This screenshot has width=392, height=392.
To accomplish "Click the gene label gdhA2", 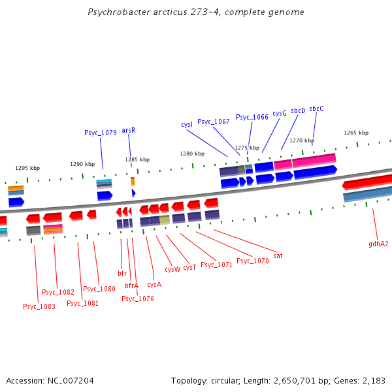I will pos(378,244).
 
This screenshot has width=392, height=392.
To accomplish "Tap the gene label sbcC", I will pos(316,108).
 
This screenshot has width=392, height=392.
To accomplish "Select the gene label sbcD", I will pos(298,110).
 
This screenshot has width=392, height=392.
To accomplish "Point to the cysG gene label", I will pos(280,113).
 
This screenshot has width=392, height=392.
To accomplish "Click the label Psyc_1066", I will pos(252,117).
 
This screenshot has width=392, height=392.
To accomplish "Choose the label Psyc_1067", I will pos(214,122).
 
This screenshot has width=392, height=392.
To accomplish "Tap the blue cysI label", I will pos(187,124).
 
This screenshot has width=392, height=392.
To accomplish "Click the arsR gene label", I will pos(128,130).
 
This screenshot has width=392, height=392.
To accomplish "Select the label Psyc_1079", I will pos(101,133).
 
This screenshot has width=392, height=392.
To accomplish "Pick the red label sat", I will pos(278,255).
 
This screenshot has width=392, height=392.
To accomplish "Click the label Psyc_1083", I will pos(39,306).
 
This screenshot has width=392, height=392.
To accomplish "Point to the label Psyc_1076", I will pos(138,299).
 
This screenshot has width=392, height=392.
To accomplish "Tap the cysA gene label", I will pos(154,284).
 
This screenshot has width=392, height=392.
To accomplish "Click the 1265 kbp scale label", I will pos(356,133).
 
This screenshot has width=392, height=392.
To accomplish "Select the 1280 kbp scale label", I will pos(192,154).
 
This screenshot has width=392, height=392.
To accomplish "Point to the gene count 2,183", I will pos(373,380).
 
